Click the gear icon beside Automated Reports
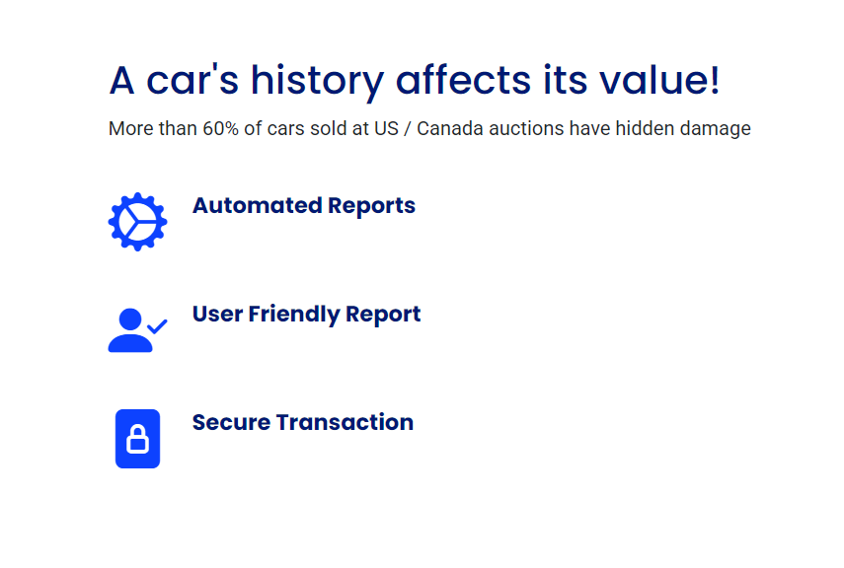(138, 222)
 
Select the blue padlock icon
(138, 439)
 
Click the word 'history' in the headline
(317, 81)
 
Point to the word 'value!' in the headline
(659, 80)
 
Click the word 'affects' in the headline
(463, 80)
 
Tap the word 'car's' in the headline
(192, 80)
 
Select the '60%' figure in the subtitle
(221, 128)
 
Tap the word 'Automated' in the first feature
(258, 205)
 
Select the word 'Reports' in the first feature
(372, 206)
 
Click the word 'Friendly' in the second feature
(294, 315)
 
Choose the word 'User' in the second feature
(217, 315)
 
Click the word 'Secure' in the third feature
(231, 423)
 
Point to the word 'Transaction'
(345, 423)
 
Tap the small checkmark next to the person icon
(157, 326)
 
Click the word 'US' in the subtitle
(387, 128)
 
